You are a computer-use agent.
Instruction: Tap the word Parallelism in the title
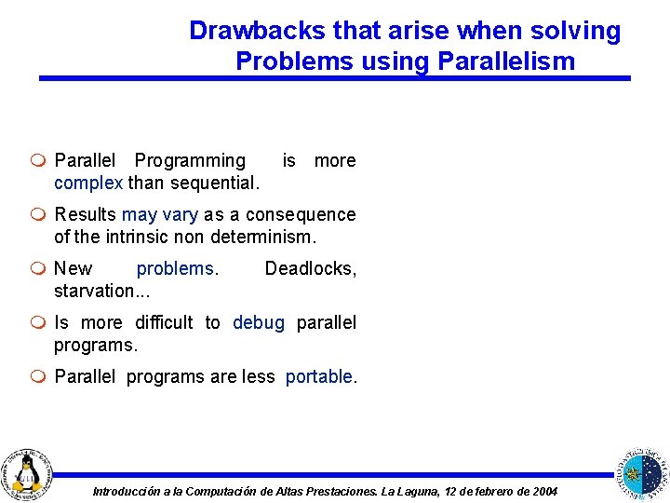(x=502, y=61)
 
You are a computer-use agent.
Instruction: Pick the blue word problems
(x=177, y=268)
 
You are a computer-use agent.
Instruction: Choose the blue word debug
(x=259, y=322)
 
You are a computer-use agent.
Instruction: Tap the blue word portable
(x=319, y=376)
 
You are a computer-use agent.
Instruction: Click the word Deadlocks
(x=309, y=268)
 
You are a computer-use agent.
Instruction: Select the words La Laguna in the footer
(x=411, y=491)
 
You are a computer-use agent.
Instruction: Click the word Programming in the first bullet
(x=190, y=160)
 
